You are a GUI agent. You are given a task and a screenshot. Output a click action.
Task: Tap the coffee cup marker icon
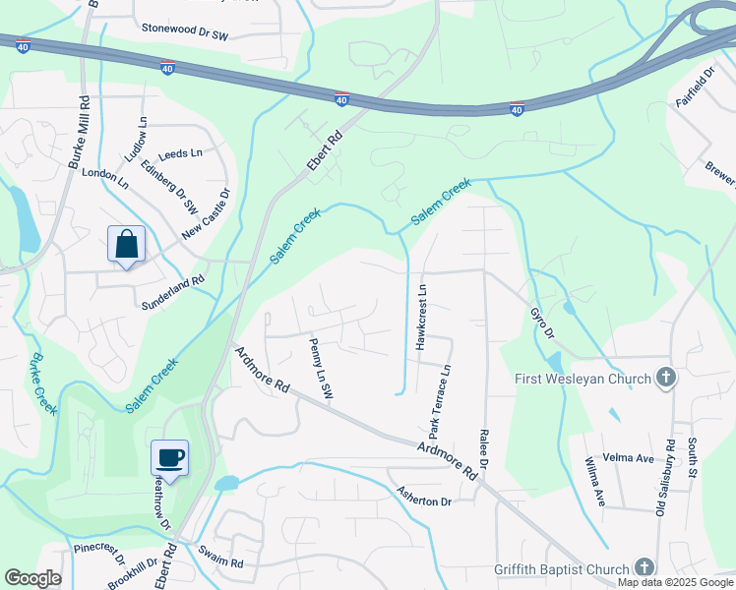(169, 457)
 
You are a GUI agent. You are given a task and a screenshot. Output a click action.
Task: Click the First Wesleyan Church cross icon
(666, 379)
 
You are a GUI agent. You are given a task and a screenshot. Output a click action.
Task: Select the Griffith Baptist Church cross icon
(644, 568)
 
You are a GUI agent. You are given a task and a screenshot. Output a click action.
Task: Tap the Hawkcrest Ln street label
(420, 318)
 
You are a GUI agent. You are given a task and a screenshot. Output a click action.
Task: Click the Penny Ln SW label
(322, 370)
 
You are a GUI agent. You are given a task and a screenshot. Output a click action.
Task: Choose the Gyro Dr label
(542, 322)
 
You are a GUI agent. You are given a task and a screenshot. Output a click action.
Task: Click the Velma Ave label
(633, 458)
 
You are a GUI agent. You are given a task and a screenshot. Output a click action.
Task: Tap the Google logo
(32, 578)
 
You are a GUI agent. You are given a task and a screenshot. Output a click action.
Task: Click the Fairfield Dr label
(694, 89)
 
